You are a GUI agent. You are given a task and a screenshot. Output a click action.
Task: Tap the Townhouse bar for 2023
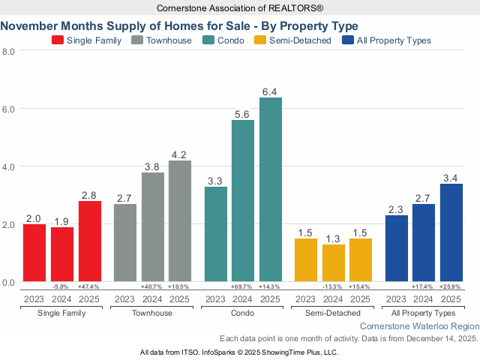tap(125, 243)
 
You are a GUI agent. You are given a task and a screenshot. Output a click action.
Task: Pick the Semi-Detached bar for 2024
tap(334, 263)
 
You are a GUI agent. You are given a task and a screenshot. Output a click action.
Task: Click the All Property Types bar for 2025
tap(451, 232)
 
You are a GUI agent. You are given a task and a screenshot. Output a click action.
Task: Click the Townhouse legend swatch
tap(137, 40)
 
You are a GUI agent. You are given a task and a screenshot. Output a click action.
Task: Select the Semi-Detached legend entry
tap(293, 40)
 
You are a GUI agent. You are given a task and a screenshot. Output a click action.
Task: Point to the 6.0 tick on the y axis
tap(9, 109)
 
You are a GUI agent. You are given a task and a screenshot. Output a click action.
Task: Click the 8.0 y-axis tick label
tap(9, 51)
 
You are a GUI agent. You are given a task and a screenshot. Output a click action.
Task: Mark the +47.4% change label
tap(89, 287)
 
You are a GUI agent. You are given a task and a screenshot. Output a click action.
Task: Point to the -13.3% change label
tap(334, 287)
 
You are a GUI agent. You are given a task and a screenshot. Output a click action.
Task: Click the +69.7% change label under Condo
tap(243, 287)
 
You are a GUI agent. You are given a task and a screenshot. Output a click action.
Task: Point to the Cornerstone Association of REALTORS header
tap(240, 7)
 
